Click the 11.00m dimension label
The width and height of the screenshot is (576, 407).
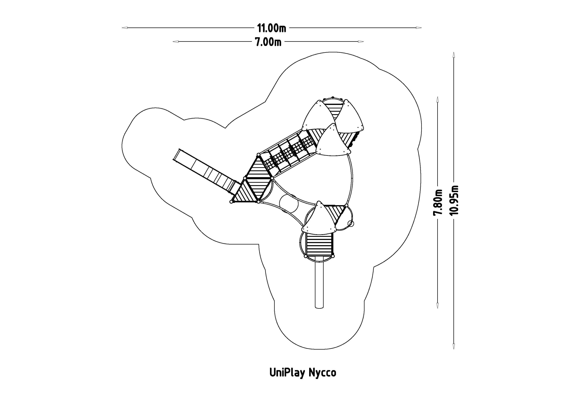271,28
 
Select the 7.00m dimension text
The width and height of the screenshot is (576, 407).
268,42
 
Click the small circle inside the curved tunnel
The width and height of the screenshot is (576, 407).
289,204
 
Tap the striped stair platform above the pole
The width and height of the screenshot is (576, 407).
319,244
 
